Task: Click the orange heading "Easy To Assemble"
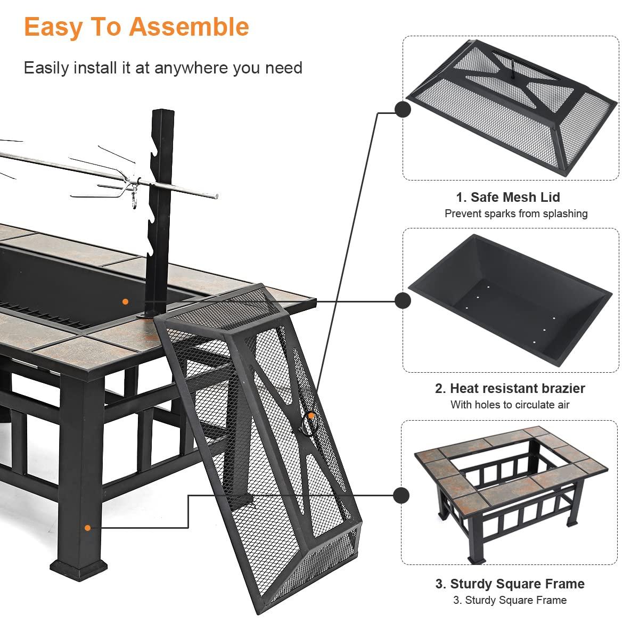pyautogui.click(x=136, y=27)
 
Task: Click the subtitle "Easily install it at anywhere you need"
pyautogui.click(x=163, y=68)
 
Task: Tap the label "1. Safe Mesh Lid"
pyautogui.click(x=507, y=197)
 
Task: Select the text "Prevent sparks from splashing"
pyautogui.click(x=516, y=214)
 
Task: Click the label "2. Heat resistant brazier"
pyautogui.click(x=510, y=388)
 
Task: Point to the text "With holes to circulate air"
pyautogui.click(x=510, y=405)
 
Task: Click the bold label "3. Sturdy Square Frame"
pyautogui.click(x=510, y=584)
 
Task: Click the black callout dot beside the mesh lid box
pyautogui.click(x=403, y=109)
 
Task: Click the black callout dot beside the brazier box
pyautogui.click(x=403, y=301)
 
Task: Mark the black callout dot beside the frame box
pyautogui.click(x=402, y=495)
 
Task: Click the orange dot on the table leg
pyautogui.click(x=88, y=528)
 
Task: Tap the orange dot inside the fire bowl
pyautogui.click(x=125, y=301)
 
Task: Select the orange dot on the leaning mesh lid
pyautogui.click(x=311, y=415)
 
